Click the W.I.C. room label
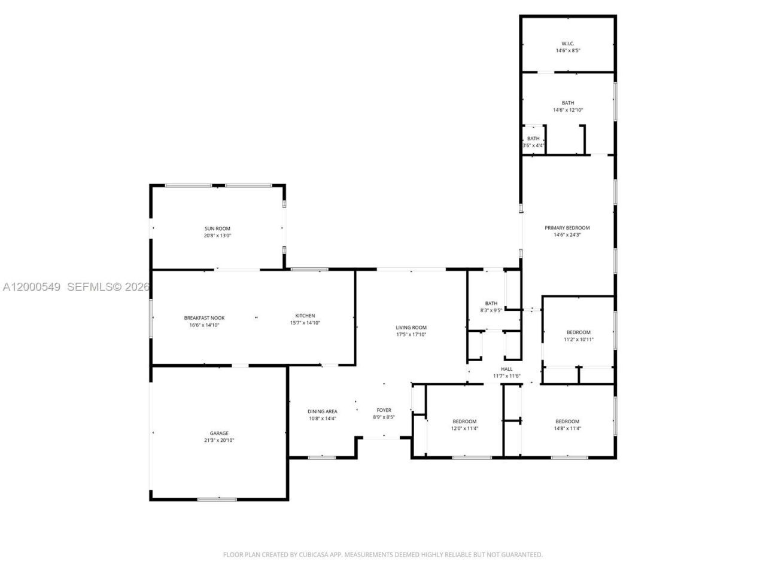coord(568,43)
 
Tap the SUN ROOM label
coord(217,228)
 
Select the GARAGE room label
coord(219,433)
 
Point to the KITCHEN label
coord(305,316)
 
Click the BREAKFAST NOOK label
coord(204,317)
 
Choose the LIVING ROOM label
coord(411,327)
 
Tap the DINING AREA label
coord(323,411)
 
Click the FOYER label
coord(384,410)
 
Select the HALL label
coord(507,369)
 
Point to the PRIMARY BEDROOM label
coord(567,228)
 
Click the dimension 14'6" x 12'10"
coord(567,110)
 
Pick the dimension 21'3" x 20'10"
coord(219,441)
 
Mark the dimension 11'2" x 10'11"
coord(579,340)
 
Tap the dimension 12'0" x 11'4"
coord(464,428)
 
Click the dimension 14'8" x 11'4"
coord(567,428)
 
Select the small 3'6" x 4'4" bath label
coord(533,142)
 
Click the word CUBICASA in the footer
coord(313,555)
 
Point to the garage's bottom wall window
coord(217,499)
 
